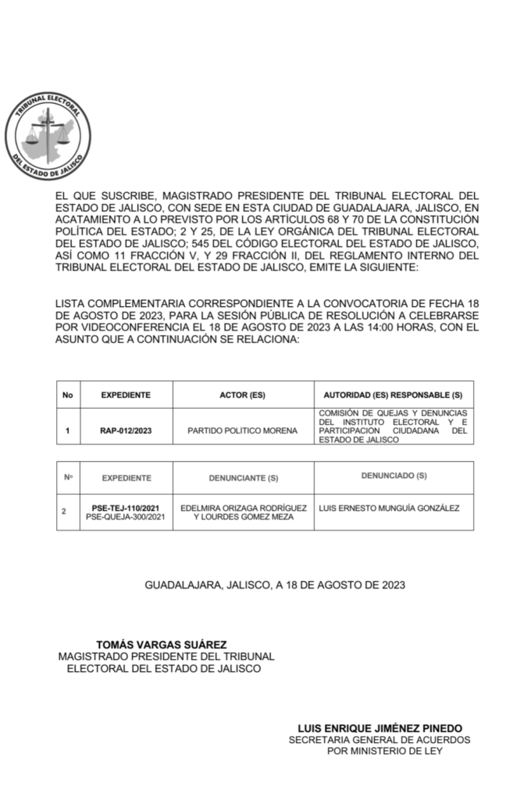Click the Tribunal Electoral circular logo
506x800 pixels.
[48, 137]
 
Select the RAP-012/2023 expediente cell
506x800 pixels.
[125, 430]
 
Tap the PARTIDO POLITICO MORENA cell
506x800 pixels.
[243, 430]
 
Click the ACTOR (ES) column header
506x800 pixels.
[243, 395]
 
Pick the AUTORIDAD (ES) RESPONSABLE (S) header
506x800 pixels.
[393, 395]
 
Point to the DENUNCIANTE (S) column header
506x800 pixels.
[243, 478]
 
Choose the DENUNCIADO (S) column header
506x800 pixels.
[394, 476]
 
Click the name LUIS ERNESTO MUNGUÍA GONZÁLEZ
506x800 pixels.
[390, 508]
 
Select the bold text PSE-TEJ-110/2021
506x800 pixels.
[125, 508]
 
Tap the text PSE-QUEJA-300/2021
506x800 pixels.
[125, 517]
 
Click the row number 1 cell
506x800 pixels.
[68, 430]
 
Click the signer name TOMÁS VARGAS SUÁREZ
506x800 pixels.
[162, 645]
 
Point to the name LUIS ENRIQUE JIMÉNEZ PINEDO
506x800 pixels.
[385, 727]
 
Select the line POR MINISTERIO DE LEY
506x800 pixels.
[384, 751]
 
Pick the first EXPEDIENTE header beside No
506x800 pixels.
[125, 395]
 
